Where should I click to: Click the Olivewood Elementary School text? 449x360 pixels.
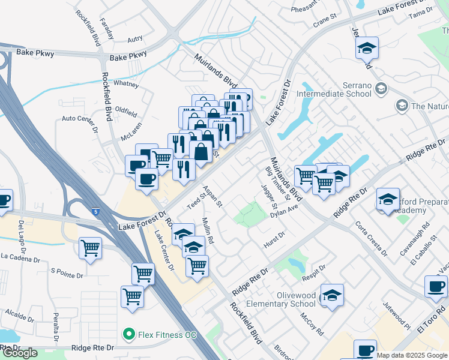coord(288,299)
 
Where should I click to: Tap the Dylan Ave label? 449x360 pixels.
coord(284,211)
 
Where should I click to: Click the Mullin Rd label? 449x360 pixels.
coord(208,230)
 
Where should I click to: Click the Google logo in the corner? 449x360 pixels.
coord(19,353)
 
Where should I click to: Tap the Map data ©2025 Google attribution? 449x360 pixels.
coord(412,355)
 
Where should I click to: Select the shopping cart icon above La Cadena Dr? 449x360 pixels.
coord(90,247)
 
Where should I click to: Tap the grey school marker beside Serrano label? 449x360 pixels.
coord(380,89)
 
